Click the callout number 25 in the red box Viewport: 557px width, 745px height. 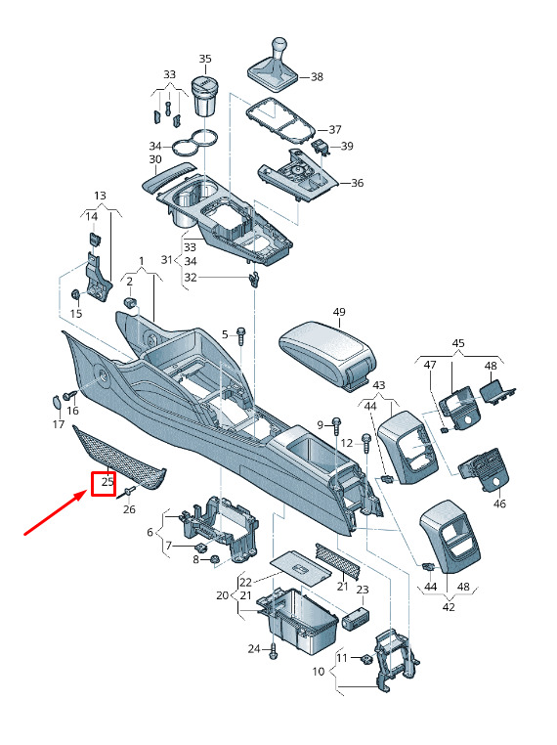[x=107, y=482]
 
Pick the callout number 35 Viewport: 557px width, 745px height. [x=204, y=59]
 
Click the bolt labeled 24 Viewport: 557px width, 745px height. [x=273, y=651]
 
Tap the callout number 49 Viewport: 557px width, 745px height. [x=339, y=312]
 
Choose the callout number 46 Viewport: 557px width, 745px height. [x=499, y=504]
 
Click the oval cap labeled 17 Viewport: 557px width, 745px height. [x=56, y=402]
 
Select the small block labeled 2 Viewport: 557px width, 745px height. [x=130, y=302]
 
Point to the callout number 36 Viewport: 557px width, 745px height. [x=357, y=183]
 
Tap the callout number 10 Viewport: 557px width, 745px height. [x=319, y=671]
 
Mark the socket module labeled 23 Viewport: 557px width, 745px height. [x=356, y=618]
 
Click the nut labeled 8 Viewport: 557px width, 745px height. [x=213, y=559]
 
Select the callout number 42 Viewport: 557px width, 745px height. [x=449, y=607]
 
